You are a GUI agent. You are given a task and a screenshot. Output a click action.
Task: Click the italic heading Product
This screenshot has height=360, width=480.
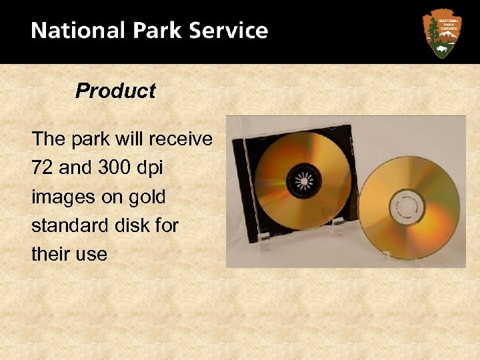coord(115,91)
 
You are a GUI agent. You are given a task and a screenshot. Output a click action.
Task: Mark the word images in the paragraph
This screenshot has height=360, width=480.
coord(62,197)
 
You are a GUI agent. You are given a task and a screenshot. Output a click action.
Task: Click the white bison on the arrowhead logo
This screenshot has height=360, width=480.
coord(442,49)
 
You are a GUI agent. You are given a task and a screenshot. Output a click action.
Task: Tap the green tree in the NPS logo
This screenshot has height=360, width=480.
coord(433,29)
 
